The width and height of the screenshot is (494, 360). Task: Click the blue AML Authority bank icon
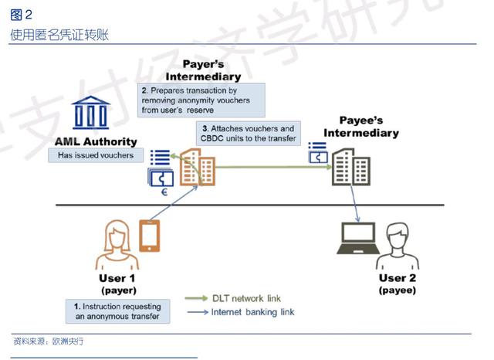click(x=91, y=113)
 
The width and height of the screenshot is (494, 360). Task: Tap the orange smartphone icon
click(x=150, y=236)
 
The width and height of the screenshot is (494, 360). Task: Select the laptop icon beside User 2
click(x=358, y=238)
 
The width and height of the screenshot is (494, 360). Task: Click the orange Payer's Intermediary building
click(x=198, y=167)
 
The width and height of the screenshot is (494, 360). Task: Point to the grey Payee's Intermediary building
click(x=351, y=167)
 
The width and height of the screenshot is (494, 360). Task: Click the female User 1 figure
click(x=117, y=245)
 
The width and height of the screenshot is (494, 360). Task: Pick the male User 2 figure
click(x=398, y=246)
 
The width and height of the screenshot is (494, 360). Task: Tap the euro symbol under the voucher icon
click(x=164, y=192)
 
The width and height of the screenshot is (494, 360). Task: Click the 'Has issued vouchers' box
click(x=96, y=155)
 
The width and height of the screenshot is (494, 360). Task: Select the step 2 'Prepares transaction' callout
click(x=201, y=100)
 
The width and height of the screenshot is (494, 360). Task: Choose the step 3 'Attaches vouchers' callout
click(x=249, y=134)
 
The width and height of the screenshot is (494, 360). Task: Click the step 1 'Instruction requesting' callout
click(x=118, y=311)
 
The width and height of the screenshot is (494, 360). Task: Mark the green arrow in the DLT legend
click(x=196, y=298)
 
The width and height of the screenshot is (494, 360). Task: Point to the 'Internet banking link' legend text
click(x=252, y=312)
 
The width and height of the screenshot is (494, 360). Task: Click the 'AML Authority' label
click(x=96, y=141)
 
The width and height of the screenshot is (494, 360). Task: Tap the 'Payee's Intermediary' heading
click(x=361, y=127)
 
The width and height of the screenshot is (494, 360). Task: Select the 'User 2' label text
click(x=398, y=277)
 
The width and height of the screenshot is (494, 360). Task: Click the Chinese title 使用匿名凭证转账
click(x=59, y=35)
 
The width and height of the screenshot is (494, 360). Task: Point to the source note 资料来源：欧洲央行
click(x=49, y=341)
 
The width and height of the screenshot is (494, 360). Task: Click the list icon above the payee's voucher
click(x=317, y=146)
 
